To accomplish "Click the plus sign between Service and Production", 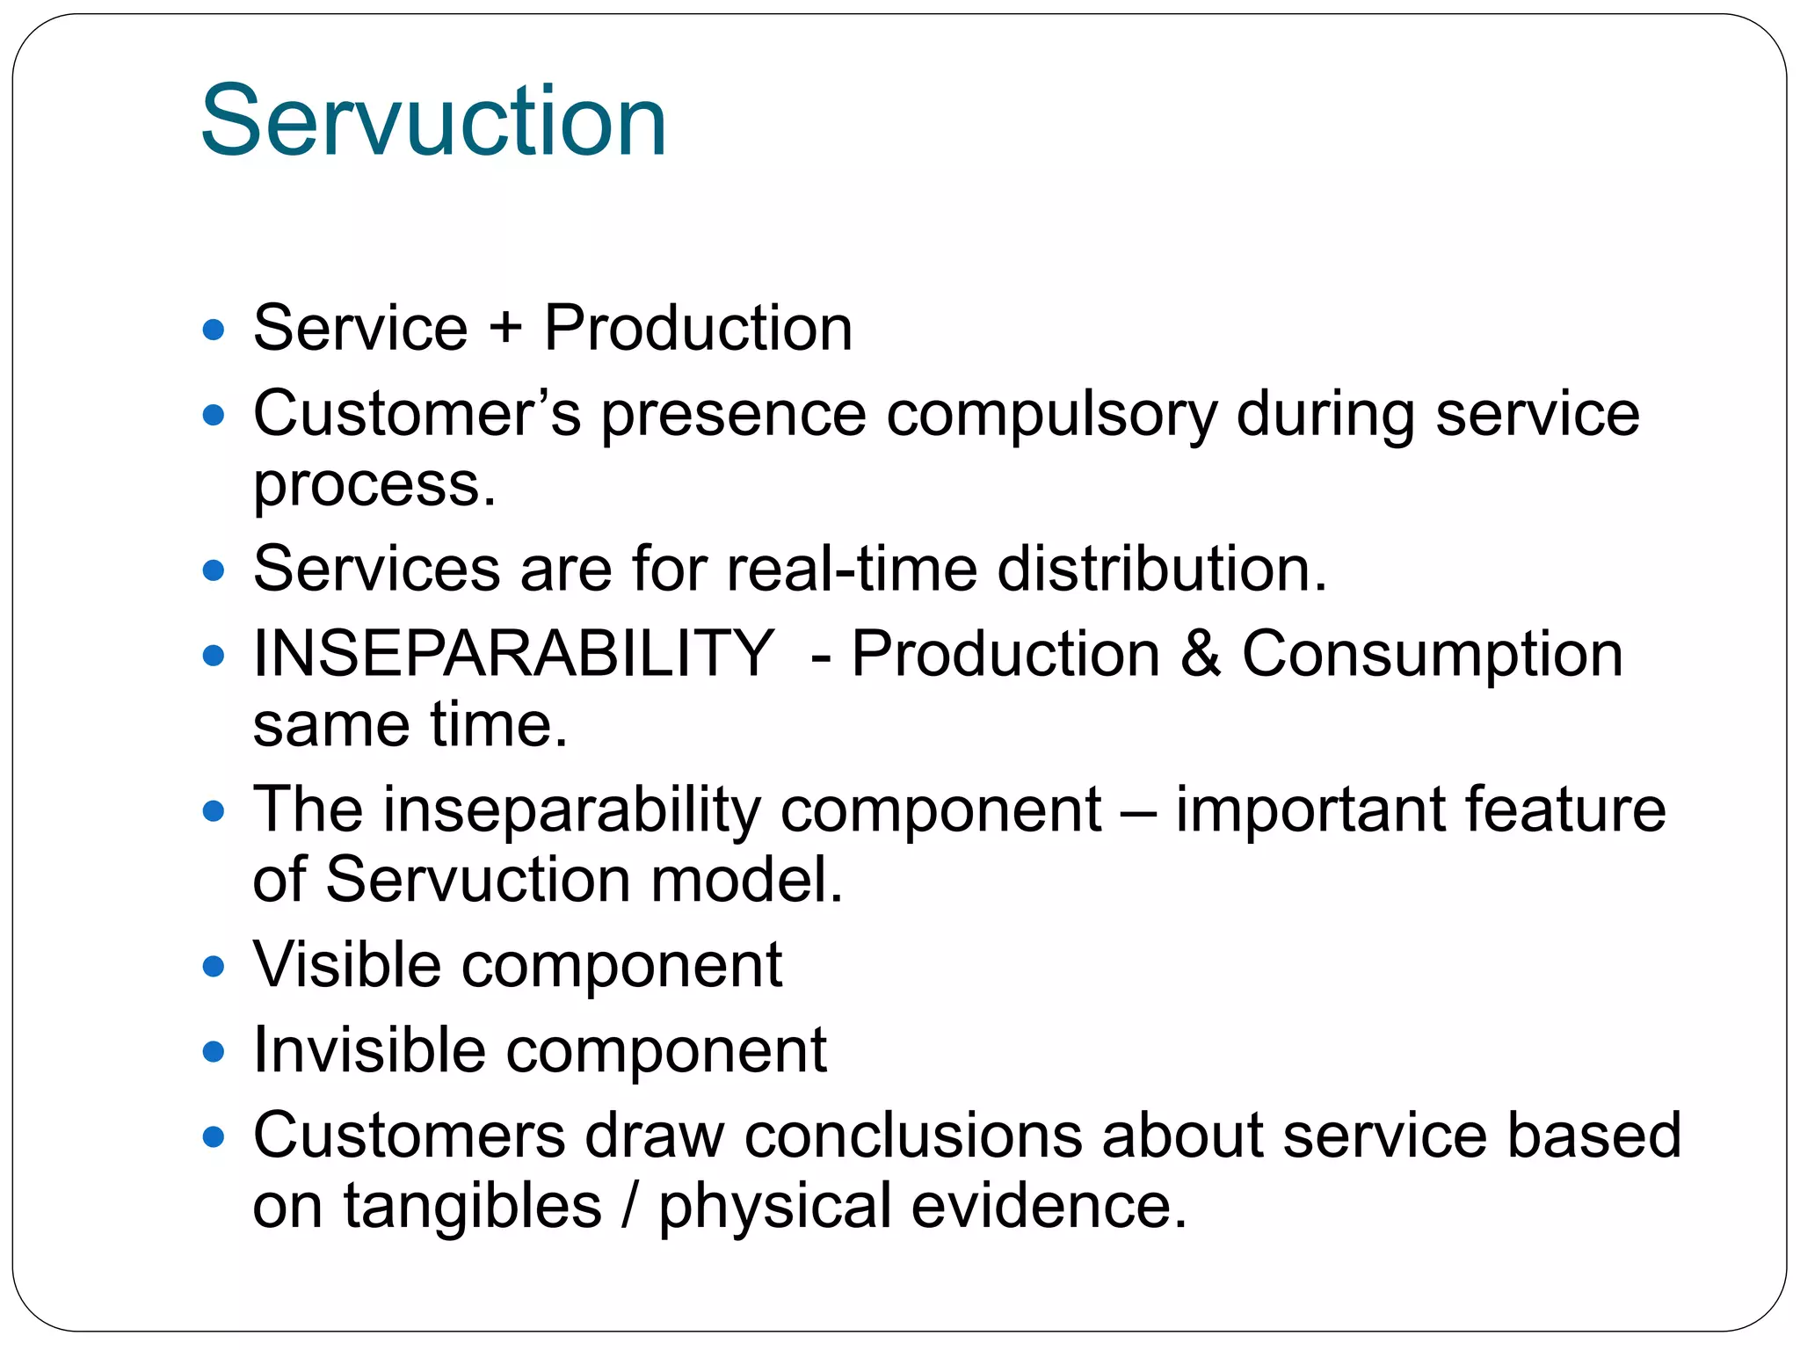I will pos(505,329).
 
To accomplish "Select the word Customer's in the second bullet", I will pos(417,413).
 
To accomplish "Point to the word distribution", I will pos(1160,569).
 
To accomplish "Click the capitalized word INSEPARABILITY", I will pos(513,654).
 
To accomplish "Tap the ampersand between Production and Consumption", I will pos(1201,654).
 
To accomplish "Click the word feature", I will pos(1564,809).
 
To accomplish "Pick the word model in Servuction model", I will pos(746,880).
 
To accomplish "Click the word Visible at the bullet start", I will pos(347,965).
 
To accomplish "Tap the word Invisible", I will pos(369,1050).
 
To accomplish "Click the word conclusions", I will pos(913,1136).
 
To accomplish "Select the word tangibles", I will pos(472,1206).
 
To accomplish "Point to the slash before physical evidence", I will pos(629,1206).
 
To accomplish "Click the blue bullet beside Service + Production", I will pos(214,330).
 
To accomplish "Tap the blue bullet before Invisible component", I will pos(214,1052).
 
